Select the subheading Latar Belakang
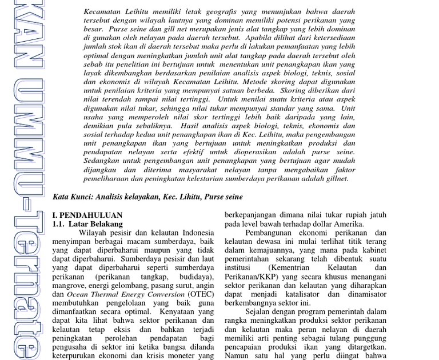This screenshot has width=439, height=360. (x=95, y=224)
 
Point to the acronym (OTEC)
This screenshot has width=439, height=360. (x=202, y=294)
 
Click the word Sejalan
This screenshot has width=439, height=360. (x=260, y=311)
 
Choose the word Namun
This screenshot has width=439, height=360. (x=236, y=355)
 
